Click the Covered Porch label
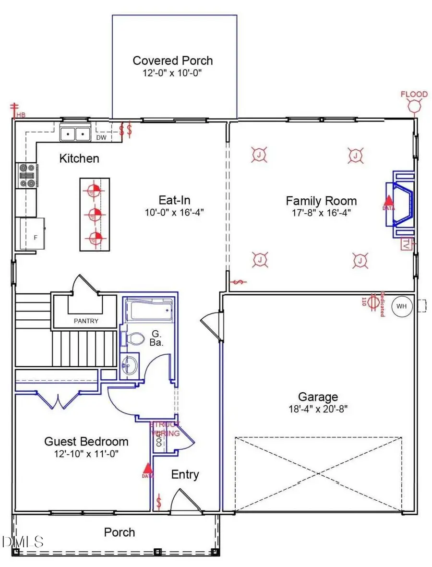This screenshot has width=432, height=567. tap(173, 61)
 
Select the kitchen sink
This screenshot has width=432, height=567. tap(75, 132)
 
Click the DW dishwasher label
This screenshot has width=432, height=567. tap(101, 138)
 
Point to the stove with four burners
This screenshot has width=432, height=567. tap(26, 175)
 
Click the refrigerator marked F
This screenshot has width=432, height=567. tap(30, 234)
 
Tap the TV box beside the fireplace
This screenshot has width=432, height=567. tap(406, 243)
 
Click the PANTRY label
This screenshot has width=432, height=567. tap(86, 321)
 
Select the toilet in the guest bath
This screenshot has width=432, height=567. tap(136, 338)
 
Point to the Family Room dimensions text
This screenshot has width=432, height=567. tap(321, 213)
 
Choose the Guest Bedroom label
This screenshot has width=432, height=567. tap(86, 441)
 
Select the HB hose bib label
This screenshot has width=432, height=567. tap(21, 115)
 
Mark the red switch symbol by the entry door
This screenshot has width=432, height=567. tap(159, 502)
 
